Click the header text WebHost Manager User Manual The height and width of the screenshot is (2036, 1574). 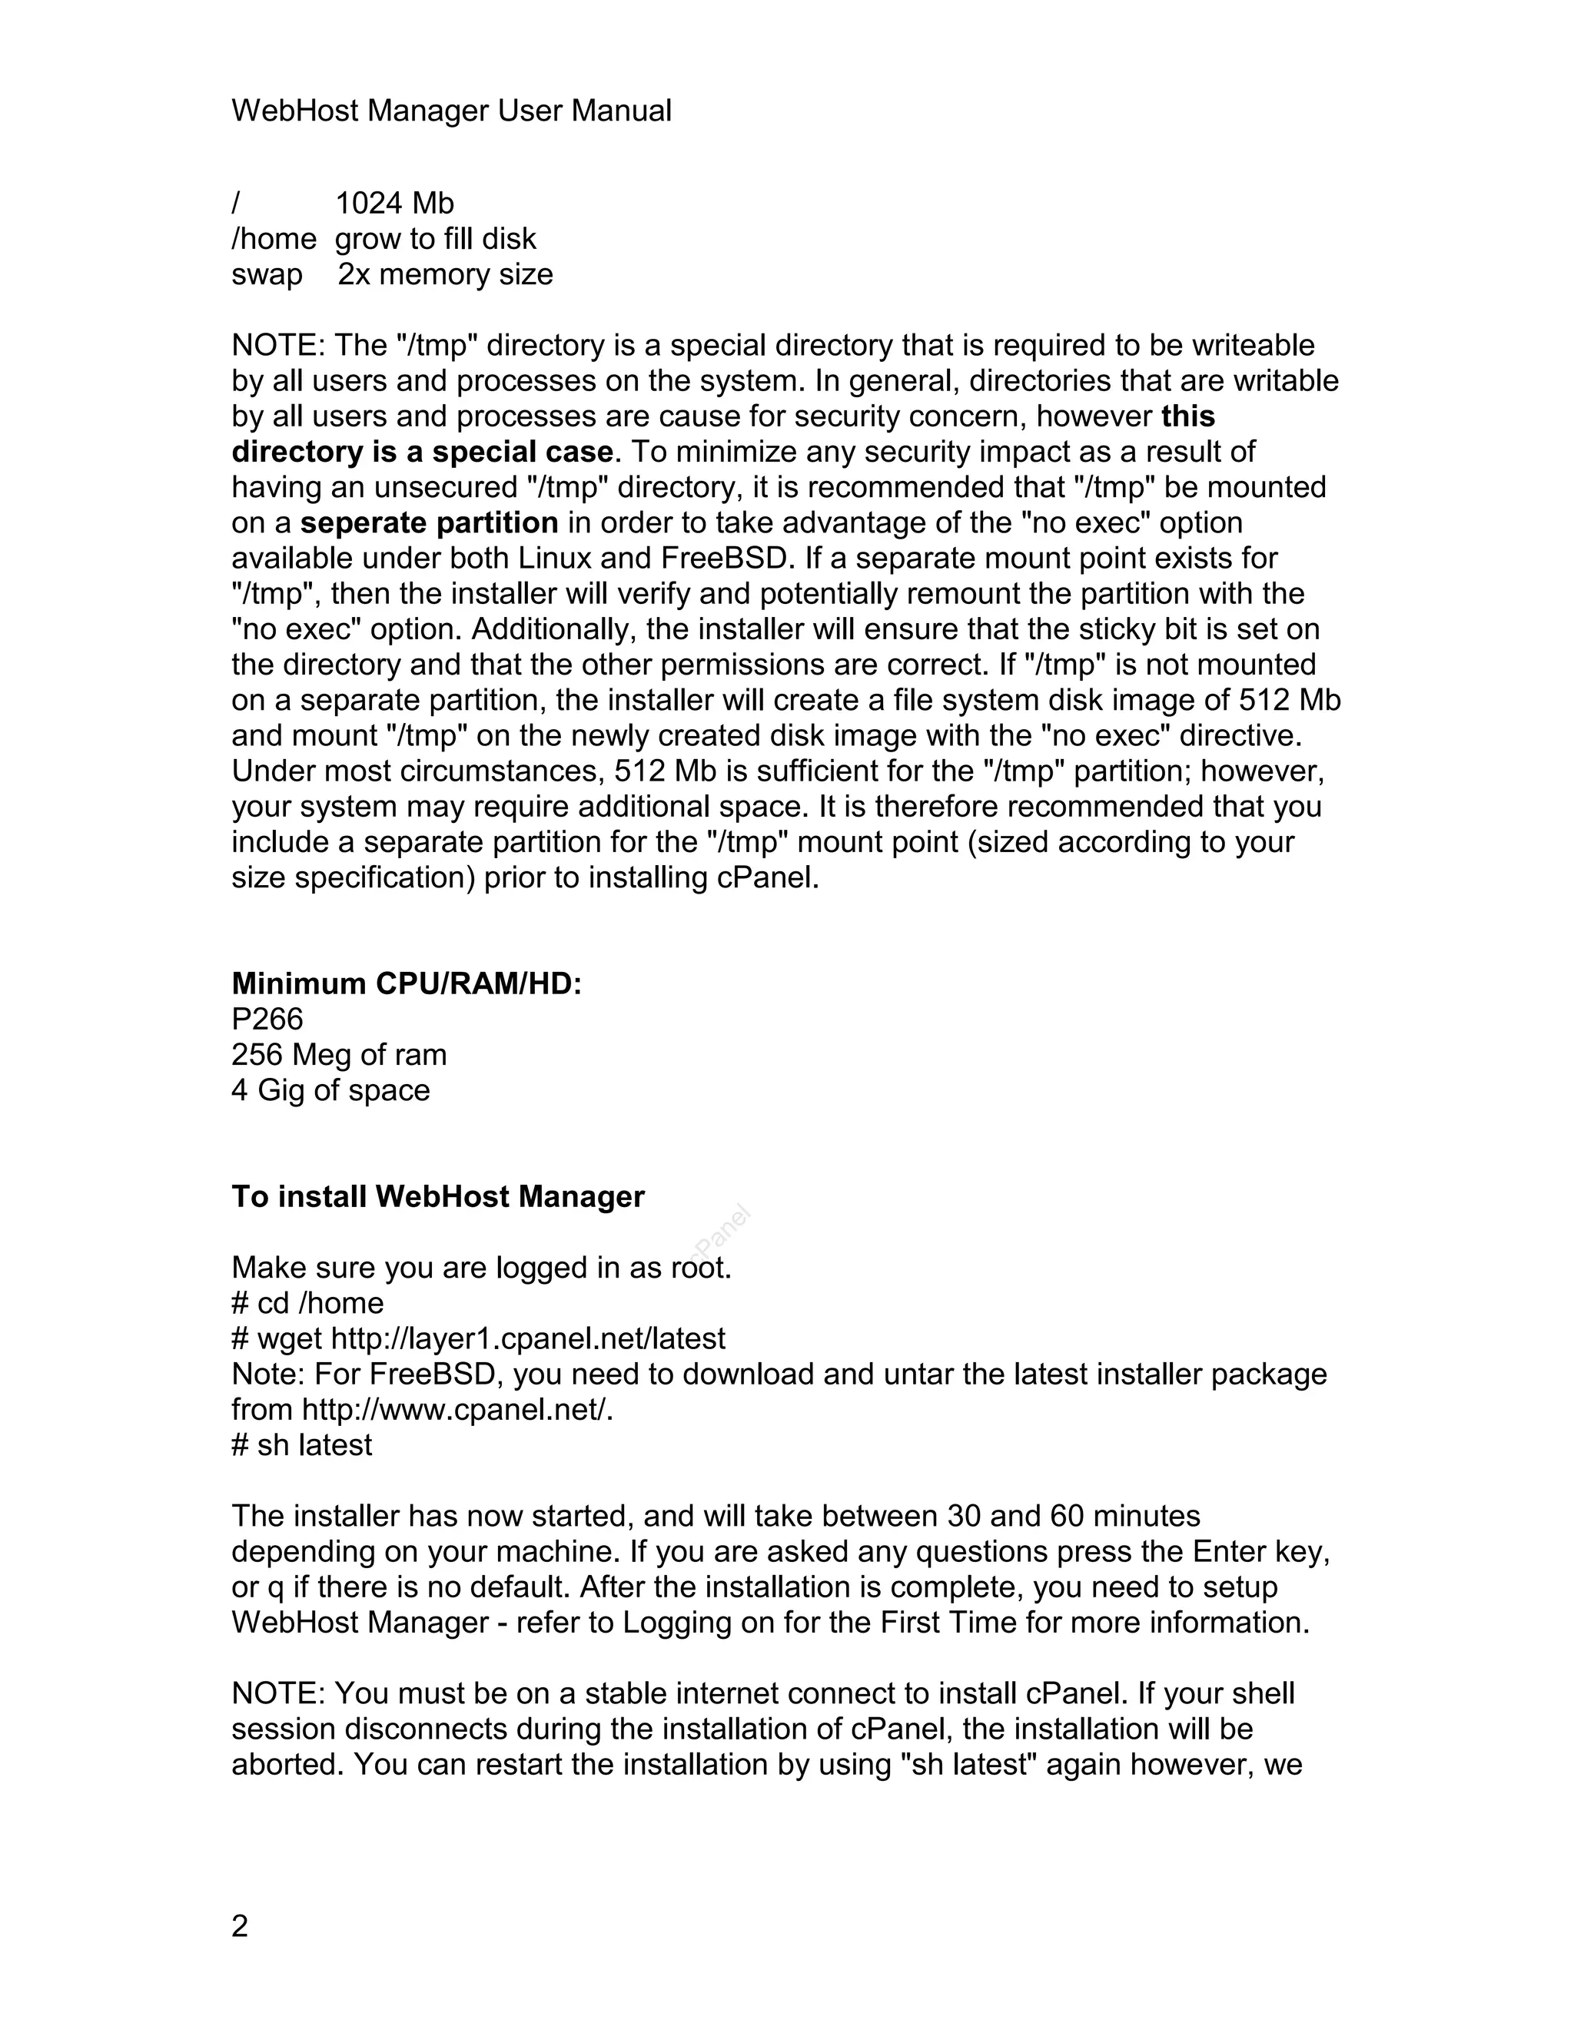pyautogui.click(x=450, y=111)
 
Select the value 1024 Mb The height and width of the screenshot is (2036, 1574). pyautogui.click(x=393, y=204)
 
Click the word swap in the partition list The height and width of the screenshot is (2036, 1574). pyautogui.click(x=267, y=274)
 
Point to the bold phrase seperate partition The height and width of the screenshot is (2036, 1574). pyautogui.click(x=429, y=523)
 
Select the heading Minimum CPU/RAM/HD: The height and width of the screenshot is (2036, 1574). pyautogui.click(x=407, y=983)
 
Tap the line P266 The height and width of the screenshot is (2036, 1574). pyautogui.click(x=267, y=1019)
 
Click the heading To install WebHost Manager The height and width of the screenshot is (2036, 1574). pyautogui.click(x=437, y=1197)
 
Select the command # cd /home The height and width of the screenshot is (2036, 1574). pyautogui.click(x=307, y=1303)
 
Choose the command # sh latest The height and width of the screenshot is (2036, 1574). pyautogui.click(x=301, y=1445)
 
